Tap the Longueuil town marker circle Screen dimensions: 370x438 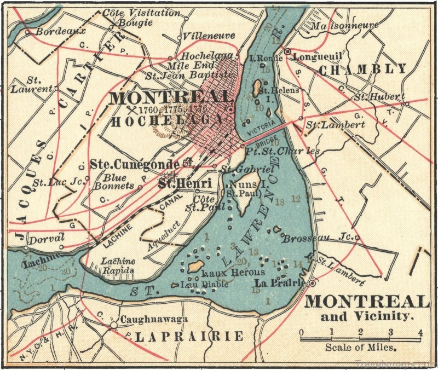288,51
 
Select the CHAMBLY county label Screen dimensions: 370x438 362,70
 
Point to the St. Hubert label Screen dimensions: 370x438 379,97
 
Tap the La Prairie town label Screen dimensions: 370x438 280,282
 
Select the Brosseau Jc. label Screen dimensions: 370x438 318,239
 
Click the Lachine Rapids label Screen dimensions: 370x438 118,265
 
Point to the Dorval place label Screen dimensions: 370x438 47,238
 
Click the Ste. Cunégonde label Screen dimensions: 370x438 135,164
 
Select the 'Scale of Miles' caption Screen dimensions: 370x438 361,347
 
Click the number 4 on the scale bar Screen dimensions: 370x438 420,332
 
